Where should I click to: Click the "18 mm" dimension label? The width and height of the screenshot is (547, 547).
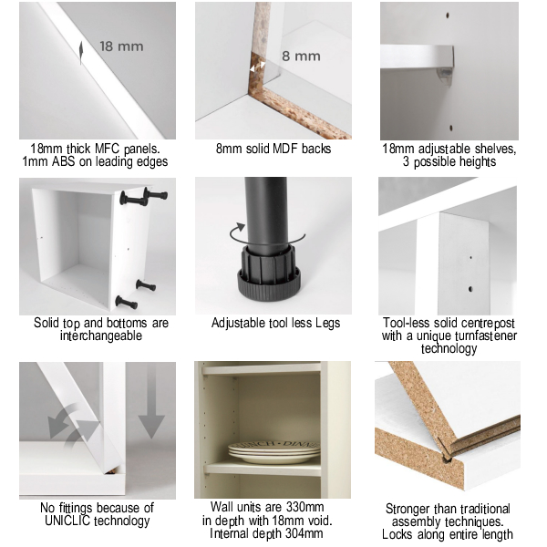121,46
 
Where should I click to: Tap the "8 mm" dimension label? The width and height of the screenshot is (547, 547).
301,57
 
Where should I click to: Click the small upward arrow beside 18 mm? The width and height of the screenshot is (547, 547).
81,53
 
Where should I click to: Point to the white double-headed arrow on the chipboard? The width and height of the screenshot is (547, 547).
257,67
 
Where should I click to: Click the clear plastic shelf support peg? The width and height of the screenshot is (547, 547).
444,76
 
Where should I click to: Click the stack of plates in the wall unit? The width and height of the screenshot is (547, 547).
274,452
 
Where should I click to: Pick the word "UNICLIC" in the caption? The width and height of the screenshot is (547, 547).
67,521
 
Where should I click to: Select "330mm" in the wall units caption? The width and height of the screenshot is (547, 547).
304,507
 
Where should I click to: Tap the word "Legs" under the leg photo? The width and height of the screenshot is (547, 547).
327,324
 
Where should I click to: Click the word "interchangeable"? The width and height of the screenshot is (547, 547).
101,335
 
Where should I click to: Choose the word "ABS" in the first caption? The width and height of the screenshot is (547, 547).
63,162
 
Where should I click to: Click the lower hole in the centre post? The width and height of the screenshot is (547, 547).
470,289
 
